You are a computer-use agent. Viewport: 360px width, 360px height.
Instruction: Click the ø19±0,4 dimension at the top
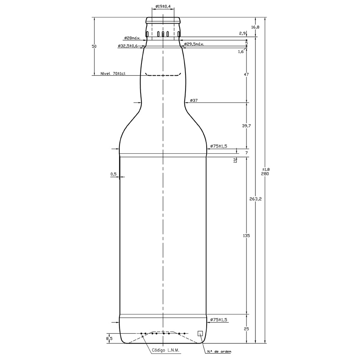pos(163,6)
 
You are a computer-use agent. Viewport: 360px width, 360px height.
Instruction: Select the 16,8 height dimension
pos(255,27)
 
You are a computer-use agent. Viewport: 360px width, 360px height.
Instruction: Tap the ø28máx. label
pos(132,38)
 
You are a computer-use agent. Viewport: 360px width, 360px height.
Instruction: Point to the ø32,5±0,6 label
pos(128,46)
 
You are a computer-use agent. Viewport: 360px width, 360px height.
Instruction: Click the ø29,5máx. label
pos(194,44)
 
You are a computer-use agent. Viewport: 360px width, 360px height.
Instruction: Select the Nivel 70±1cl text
pos(113,74)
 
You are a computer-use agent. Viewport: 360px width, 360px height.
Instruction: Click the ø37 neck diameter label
pos(194,100)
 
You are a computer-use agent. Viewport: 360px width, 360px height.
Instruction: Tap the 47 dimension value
pos(246,75)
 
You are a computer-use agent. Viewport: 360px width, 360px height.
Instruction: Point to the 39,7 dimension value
pos(246,126)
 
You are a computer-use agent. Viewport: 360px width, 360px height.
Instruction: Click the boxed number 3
pos(235,160)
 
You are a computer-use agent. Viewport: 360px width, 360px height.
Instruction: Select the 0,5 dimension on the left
pos(113,174)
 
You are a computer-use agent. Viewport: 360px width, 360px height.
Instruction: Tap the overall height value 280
pos(266,174)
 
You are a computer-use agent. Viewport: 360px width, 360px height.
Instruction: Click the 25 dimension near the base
pos(246,329)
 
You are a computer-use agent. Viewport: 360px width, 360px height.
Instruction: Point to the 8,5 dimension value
pos(109,338)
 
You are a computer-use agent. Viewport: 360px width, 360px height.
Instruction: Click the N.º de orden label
pos(219,352)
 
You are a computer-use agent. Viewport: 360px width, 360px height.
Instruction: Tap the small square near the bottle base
pos(200,333)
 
